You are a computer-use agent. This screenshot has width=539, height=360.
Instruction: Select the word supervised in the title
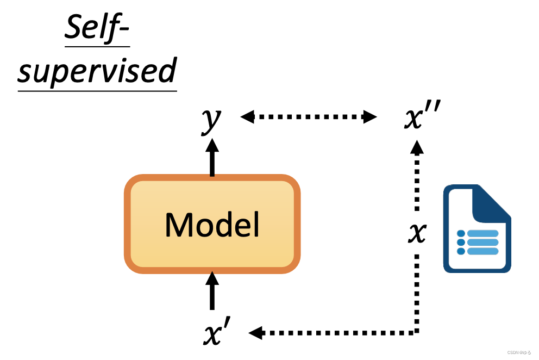(x=97, y=71)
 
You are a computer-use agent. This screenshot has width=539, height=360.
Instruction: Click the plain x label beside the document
(x=417, y=233)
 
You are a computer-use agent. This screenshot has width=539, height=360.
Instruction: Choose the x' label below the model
(x=218, y=333)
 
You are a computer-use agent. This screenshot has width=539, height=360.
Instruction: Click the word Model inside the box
(x=212, y=224)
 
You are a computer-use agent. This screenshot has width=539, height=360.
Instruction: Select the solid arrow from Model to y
(x=212, y=158)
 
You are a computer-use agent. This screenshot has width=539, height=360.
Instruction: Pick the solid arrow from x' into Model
(x=212, y=291)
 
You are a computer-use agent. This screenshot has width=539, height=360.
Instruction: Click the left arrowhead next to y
(x=247, y=116)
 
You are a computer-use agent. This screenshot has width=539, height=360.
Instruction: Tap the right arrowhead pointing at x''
(x=370, y=116)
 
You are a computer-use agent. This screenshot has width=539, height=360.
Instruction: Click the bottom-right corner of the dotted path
(x=417, y=332)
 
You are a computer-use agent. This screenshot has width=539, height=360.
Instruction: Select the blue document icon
(x=477, y=228)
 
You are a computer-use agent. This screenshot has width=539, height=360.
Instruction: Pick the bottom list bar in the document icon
(x=482, y=251)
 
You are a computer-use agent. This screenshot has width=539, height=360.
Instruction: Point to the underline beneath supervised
(x=97, y=90)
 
